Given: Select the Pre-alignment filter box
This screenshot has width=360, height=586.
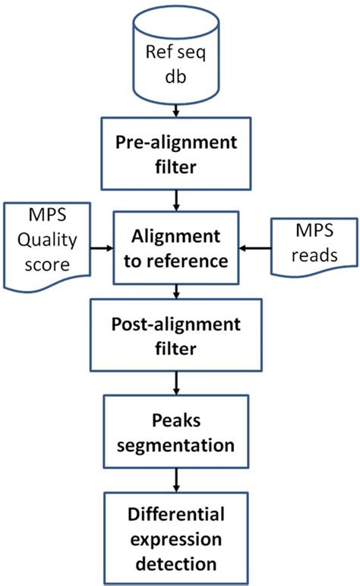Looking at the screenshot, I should pyautogui.click(x=178, y=154).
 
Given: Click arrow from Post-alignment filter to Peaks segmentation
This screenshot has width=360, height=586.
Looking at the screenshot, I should pyautogui.click(x=178, y=385).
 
